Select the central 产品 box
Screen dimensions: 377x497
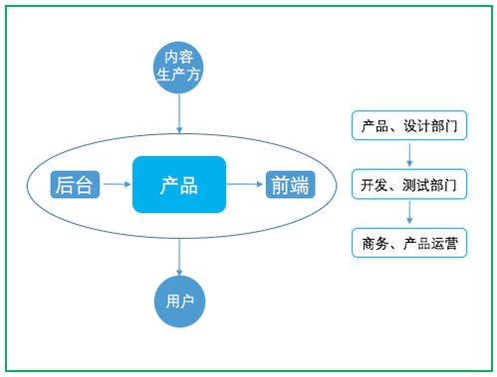pyautogui.click(x=179, y=184)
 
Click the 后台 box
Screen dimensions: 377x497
pyautogui.click(x=76, y=184)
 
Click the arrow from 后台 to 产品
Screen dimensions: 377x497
pyautogui.click(x=118, y=184)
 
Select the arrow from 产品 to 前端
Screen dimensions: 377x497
pyautogui.click(x=245, y=184)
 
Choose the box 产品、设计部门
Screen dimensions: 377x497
pyautogui.click(x=408, y=126)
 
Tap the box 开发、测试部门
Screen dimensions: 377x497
pyautogui.click(x=408, y=184)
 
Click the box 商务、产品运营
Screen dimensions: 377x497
pyautogui.click(x=408, y=242)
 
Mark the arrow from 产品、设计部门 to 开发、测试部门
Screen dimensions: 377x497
pyautogui.click(x=408, y=155)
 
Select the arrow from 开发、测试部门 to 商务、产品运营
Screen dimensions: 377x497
pyautogui.click(x=408, y=213)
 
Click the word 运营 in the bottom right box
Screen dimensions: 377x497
pyautogui.click(x=443, y=242)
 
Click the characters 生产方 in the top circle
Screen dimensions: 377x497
pyautogui.click(x=179, y=76)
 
